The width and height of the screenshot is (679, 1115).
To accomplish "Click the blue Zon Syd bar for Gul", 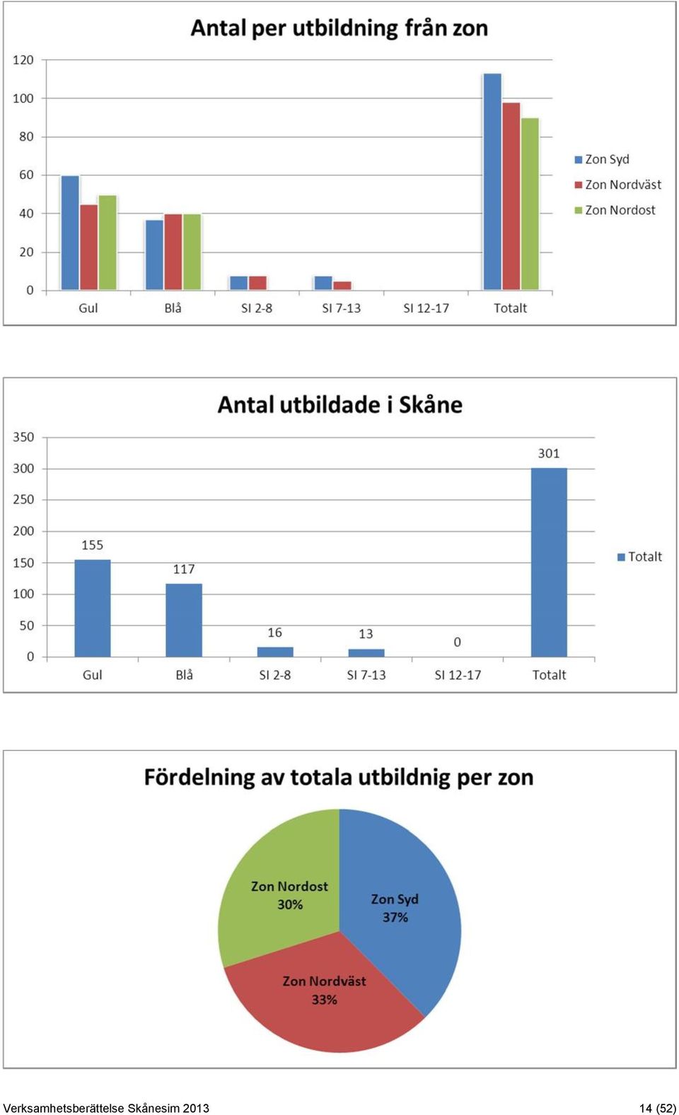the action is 70,233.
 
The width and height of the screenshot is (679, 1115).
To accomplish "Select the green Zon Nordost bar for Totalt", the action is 530,204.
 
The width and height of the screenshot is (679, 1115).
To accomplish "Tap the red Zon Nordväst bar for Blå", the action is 173,252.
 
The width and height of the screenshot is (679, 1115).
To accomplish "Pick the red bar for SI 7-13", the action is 342,286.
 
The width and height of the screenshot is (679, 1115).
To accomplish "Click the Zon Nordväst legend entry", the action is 617,185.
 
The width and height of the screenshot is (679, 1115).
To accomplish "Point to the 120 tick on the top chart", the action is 23,60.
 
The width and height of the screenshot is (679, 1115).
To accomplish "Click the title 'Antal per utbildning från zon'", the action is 339,28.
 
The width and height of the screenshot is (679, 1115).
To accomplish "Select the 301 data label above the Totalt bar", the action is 549,453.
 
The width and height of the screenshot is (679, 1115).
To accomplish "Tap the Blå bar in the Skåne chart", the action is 184,620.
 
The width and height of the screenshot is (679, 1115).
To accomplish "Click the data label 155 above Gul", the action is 93,545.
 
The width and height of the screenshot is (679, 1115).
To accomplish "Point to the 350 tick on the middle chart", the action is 23,438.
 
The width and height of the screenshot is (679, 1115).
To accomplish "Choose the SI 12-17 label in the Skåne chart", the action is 458,675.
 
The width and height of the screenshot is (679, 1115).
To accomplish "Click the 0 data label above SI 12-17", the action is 457,642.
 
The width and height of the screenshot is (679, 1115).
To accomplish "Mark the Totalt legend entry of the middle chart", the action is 639,556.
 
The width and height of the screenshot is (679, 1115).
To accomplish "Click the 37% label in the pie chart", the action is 395,917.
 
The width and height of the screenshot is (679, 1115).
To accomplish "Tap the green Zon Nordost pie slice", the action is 284,891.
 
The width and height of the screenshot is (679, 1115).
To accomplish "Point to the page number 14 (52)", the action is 658,1108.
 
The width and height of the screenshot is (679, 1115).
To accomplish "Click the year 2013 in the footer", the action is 196,1108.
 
